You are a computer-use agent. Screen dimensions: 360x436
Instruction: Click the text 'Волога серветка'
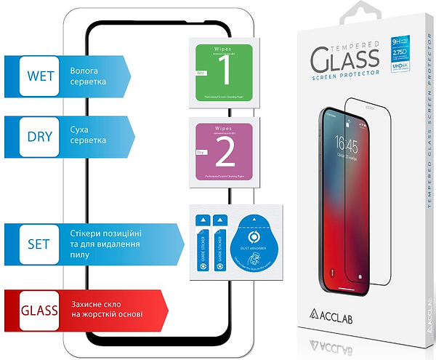click(89, 76)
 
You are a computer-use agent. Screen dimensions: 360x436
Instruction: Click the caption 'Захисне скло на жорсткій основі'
click(106, 308)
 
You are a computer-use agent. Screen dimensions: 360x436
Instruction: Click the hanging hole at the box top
click(360, 12)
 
